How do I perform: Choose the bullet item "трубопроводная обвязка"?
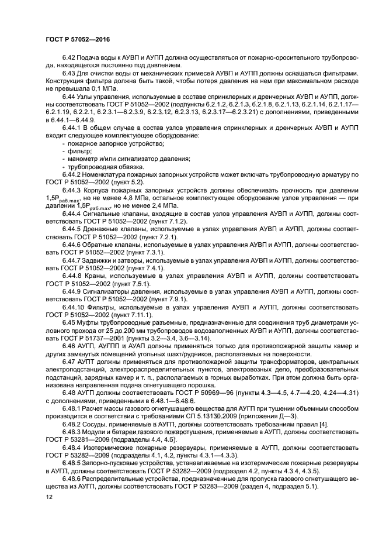(103, 166)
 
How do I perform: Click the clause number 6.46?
(69, 346)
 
